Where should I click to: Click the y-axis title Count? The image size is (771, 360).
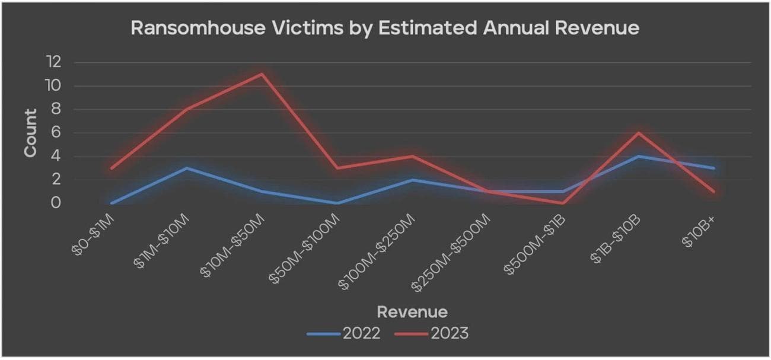[30, 133]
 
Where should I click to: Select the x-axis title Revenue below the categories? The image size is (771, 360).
[412, 311]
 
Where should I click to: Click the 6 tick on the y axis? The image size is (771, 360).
[57, 133]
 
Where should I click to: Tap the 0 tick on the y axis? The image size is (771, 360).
[57, 203]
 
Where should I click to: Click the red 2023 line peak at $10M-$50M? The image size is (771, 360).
[262, 74]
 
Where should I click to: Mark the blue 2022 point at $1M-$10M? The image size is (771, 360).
[187, 168]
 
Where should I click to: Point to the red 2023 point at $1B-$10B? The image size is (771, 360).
[638, 133]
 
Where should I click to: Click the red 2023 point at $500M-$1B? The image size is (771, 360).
[562, 203]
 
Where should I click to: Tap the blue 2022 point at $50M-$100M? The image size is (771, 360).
[337, 203]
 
